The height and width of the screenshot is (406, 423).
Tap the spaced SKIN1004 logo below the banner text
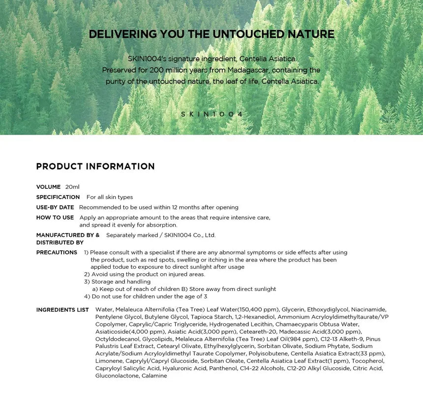(x=212, y=114)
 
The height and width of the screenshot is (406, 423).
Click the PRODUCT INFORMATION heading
(x=95, y=167)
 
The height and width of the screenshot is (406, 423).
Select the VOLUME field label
(x=48, y=187)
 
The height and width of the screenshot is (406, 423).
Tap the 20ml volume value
(x=72, y=187)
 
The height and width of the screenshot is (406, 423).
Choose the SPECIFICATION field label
(x=58, y=197)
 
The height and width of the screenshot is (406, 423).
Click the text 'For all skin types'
(x=110, y=197)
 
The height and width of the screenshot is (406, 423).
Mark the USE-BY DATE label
(x=55, y=207)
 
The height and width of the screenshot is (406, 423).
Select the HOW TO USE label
(x=55, y=218)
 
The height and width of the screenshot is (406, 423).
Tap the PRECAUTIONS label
(x=57, y=253)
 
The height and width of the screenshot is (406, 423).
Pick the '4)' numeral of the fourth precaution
(x=87, y=296)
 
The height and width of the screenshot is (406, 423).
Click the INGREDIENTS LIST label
(x=62, y=310)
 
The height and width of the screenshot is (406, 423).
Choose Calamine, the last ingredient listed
(x=154, y=376)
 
